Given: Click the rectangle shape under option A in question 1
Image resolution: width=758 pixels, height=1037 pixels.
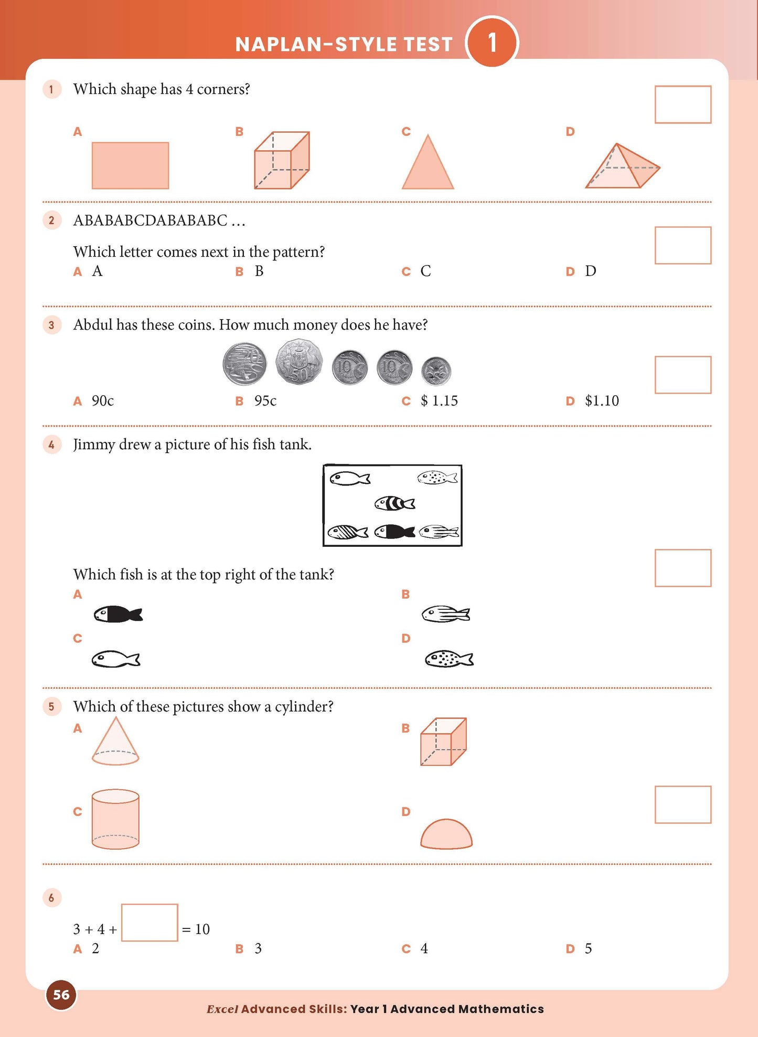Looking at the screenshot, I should [x=130, y=165].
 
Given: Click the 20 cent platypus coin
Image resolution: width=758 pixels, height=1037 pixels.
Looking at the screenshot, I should [x=244, y=364].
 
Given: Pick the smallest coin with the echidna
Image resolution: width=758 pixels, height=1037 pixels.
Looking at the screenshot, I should [x=436, y=371].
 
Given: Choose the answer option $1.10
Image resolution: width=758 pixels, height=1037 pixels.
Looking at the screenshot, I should [x=601, y=401].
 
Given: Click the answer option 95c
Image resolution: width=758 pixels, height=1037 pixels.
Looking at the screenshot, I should [x=265, y=401].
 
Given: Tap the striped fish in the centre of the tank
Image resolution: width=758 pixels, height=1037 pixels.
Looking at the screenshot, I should [x=394, y=504].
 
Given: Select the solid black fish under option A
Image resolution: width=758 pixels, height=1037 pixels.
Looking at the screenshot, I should [x=118, y=614].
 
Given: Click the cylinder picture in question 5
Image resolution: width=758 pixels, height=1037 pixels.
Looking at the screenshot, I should [x=115, y=819].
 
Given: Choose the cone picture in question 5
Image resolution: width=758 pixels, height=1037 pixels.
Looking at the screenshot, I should [x=115, y=743].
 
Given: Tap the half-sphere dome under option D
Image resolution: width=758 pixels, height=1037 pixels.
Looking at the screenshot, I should [x=446, y=834].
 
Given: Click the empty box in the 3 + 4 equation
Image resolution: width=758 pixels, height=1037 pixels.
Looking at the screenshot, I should [x=150, y=923].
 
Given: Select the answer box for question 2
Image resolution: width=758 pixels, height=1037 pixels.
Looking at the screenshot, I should [x=682, y=245].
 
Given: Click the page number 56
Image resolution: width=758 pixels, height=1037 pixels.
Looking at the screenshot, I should [x=61, y=994].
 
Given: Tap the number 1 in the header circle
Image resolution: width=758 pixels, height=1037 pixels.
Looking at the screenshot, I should [x=492, y=43].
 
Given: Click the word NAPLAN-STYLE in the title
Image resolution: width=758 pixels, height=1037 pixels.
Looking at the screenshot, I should [x=309, y=45].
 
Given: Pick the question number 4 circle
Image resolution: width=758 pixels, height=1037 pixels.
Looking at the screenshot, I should [x=51, y=445].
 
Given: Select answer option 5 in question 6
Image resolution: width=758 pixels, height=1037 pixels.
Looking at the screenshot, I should [x=588, y=949].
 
